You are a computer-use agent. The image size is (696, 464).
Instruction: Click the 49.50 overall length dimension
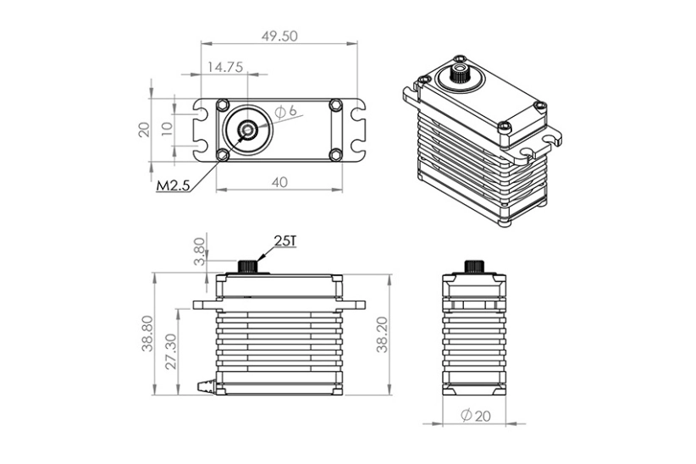point(279,36)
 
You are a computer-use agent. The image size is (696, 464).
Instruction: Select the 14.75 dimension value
point(222,67)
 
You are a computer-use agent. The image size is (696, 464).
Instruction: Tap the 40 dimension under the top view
point(279,182)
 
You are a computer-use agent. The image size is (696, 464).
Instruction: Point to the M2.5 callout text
point(173,185)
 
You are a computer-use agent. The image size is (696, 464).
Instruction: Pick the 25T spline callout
point(284,241)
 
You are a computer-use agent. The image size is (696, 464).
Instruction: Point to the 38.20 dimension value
point(382,334)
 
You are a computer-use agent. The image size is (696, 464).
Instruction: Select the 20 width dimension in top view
point(144,130)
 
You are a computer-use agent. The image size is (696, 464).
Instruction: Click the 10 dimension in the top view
point(167,130)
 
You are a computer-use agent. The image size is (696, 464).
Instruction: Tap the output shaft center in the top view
point(247,130)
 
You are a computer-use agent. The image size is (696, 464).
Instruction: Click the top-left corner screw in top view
point(223,105)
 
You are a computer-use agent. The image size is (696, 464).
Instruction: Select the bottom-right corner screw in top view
point(335,154)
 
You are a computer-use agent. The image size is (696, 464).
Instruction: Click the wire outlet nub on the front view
point(204,386)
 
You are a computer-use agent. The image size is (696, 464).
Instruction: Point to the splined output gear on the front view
point(247,265)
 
